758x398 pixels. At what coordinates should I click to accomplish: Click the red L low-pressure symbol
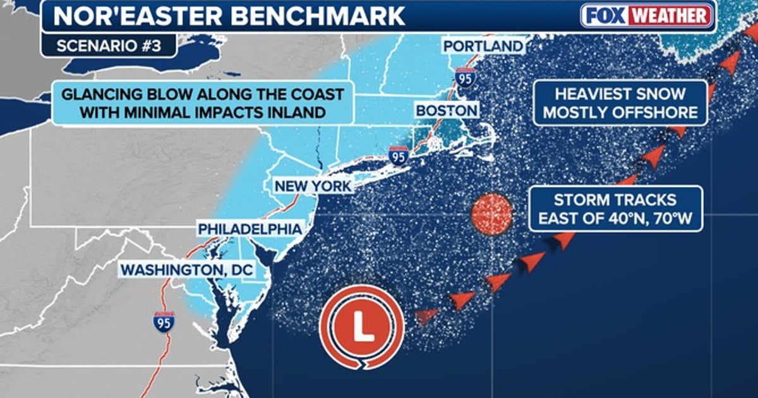[361, 328]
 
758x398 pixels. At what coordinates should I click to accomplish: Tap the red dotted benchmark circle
[491, 215]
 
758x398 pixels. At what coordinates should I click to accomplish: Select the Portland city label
[483, 46]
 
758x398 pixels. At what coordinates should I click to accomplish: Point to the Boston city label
[447, 111]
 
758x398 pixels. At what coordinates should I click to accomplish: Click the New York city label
[313, 187]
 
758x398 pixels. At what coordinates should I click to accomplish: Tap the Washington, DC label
[187, 270]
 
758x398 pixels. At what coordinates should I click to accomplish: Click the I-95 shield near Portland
[465, 77]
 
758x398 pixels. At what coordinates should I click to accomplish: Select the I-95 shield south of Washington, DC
[164, 322]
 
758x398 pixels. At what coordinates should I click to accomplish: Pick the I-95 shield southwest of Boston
[397, 155]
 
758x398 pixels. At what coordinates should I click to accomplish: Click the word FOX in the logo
[607, 16]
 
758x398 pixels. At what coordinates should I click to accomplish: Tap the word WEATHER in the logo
[672, 16]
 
